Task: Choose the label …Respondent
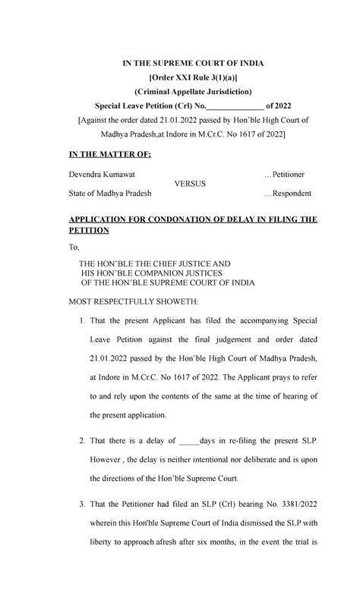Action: pos(287,194)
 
